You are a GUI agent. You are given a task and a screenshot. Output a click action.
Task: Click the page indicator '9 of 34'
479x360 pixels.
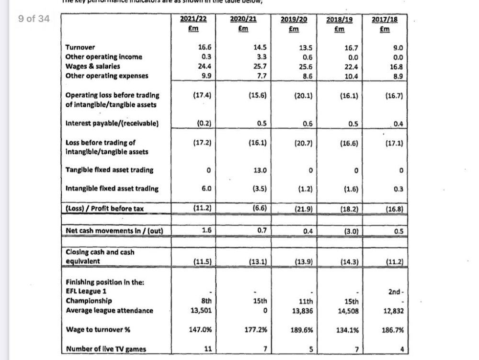tap(34, 19)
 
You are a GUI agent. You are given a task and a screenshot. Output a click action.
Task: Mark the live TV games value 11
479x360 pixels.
tap(208, 349)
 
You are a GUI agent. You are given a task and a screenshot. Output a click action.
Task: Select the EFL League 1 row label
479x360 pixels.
tap(84, 291)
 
